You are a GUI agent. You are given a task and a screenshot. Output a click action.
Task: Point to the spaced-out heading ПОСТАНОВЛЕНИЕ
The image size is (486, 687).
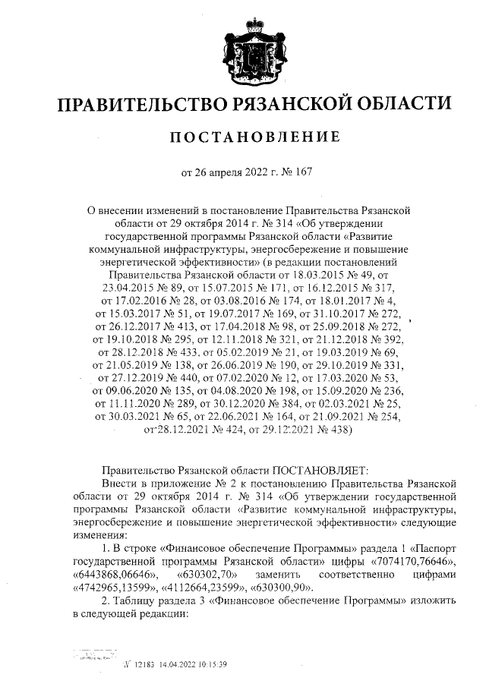pyautogui.click(x=252, y=137)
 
